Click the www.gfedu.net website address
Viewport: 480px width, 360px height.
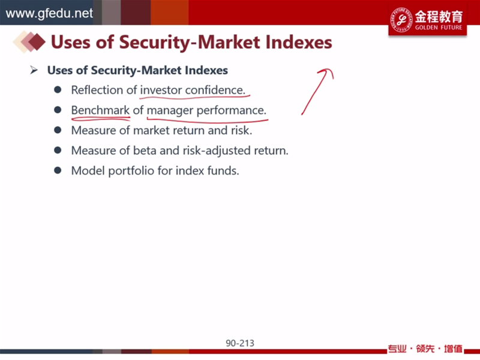click(x=49, y=13)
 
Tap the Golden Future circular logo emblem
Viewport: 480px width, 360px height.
click(x=401, y=20)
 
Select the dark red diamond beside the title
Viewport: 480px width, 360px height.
click(x=37, y=41)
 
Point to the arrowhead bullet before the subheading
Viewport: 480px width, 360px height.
click(x=34, y=70)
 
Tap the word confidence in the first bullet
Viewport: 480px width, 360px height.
click(x=215, y=90)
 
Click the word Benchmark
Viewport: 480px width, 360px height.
click(x=100, y=110)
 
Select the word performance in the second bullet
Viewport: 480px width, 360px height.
click(x=231, y=110)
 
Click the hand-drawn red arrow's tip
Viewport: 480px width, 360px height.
click(x=331, y=70)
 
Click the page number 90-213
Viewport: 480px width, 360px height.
click(x=240, y=343)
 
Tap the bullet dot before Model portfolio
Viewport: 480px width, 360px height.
click(x=58, y=170)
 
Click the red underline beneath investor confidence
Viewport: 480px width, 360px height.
click(x=194, y=98)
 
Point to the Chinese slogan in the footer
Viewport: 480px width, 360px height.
click(x=425, y=349)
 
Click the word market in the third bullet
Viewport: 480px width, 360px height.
click(x=149, y=130)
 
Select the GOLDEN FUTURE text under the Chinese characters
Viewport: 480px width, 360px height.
click(x=439, y=28)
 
